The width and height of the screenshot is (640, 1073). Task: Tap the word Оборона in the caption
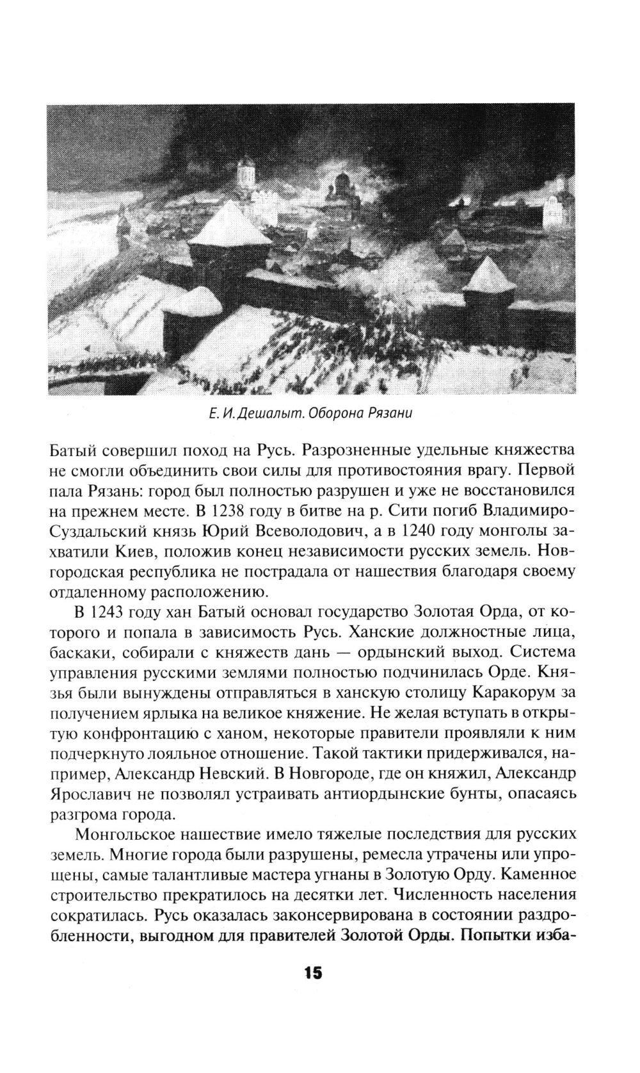click(x=336, y=413)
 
